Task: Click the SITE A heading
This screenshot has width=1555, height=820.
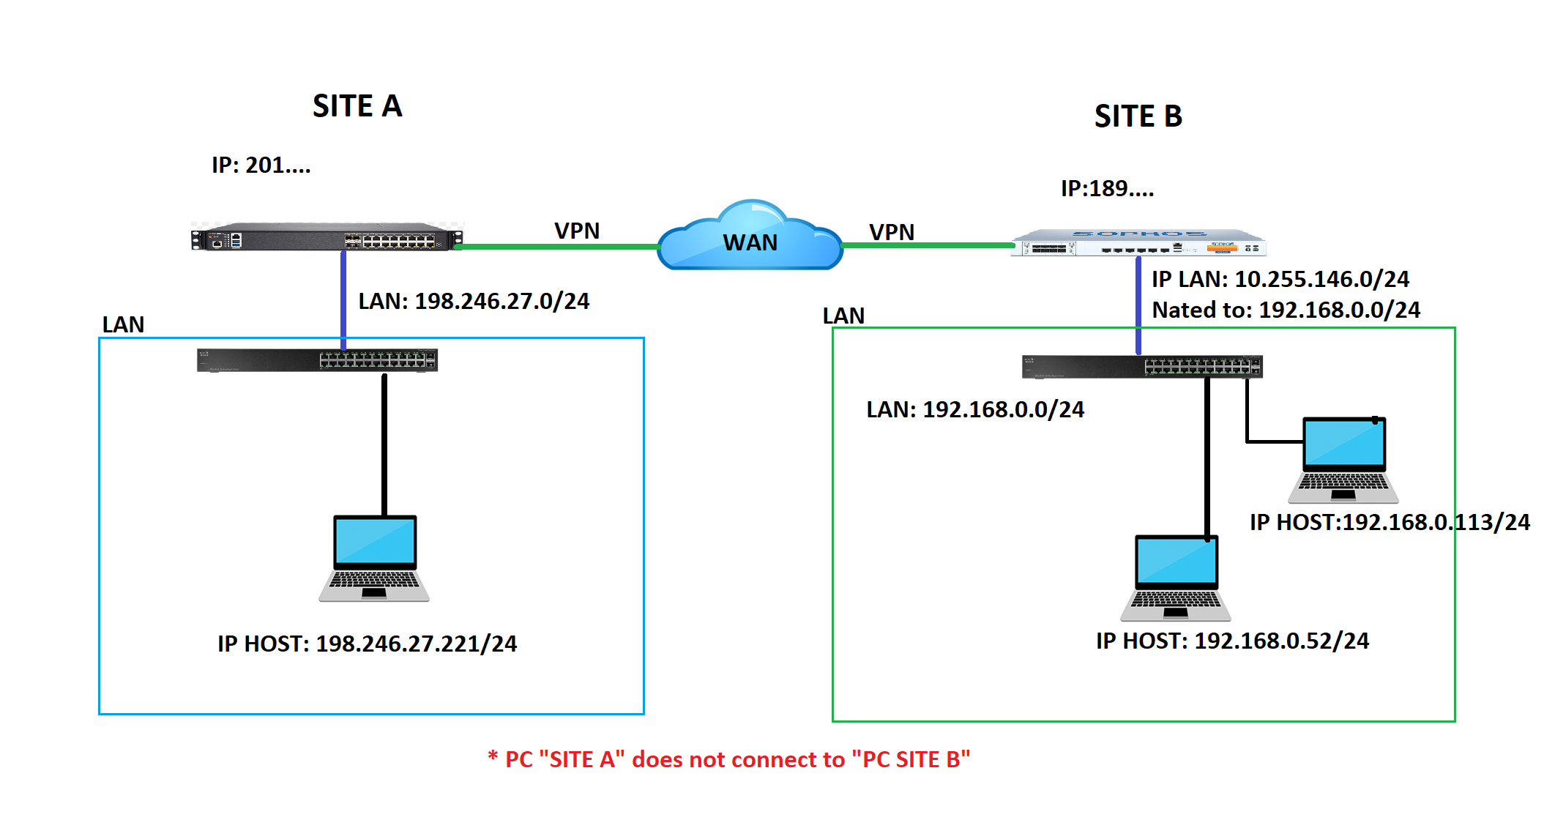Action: click(357, 106)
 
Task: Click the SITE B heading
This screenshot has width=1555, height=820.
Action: click(1138, 116)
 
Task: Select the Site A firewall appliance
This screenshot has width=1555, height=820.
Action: click(327, 238)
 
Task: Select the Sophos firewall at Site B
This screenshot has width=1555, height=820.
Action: click(1138, 243)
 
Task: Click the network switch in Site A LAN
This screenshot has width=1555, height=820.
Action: click(317, 360)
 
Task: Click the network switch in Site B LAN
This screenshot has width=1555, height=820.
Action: click(1142, 366)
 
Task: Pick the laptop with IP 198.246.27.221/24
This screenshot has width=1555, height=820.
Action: click(375, 558)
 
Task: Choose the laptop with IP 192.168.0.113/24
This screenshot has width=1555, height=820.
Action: click(1344, 460)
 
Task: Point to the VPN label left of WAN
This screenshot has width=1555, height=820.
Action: click(577, 231)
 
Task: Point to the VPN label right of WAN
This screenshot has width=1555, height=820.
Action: click(892, 233)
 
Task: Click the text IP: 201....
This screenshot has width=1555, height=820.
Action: click(261, 165)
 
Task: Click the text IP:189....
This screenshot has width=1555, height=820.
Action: click(1107, 189)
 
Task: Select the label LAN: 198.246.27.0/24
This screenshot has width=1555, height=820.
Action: click(474, 301)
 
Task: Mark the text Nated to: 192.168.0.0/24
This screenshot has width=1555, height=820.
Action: click(1286, 310)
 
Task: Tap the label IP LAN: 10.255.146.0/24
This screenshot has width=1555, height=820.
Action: click(1280, 279)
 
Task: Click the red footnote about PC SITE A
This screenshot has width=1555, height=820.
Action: click(729, 759)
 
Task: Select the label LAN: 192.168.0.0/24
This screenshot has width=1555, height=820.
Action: click(975, 409)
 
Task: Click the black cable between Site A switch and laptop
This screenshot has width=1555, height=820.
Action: click(384, 443)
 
